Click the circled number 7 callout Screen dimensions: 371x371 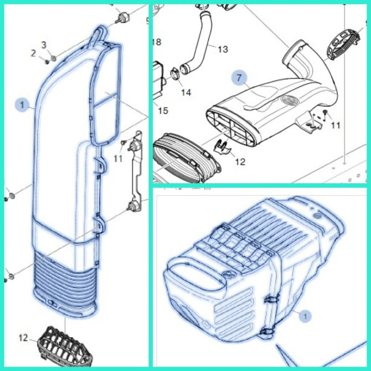click(239, 78)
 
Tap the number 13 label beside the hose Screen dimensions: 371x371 click(223, 49)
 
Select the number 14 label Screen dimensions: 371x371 click(186, 92)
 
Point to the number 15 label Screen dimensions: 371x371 click(163, 110)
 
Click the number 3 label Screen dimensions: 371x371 click(44, 45)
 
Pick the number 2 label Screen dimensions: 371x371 click(33, 54)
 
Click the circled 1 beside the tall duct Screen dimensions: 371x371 click(22, 105)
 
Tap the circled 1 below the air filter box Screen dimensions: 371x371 click(305, 316)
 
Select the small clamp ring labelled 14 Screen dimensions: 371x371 click(175, 73)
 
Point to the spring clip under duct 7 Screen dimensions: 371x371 click(221, 147)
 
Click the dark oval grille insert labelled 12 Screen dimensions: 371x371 click(64, 346)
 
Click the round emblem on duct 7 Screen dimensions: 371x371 click(290, 101)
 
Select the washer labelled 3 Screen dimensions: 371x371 click(54, 58)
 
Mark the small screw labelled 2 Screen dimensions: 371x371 click(47, 62)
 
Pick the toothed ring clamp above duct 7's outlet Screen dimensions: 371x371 click(343, 45)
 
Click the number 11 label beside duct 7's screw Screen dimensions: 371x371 click(336, 125)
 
